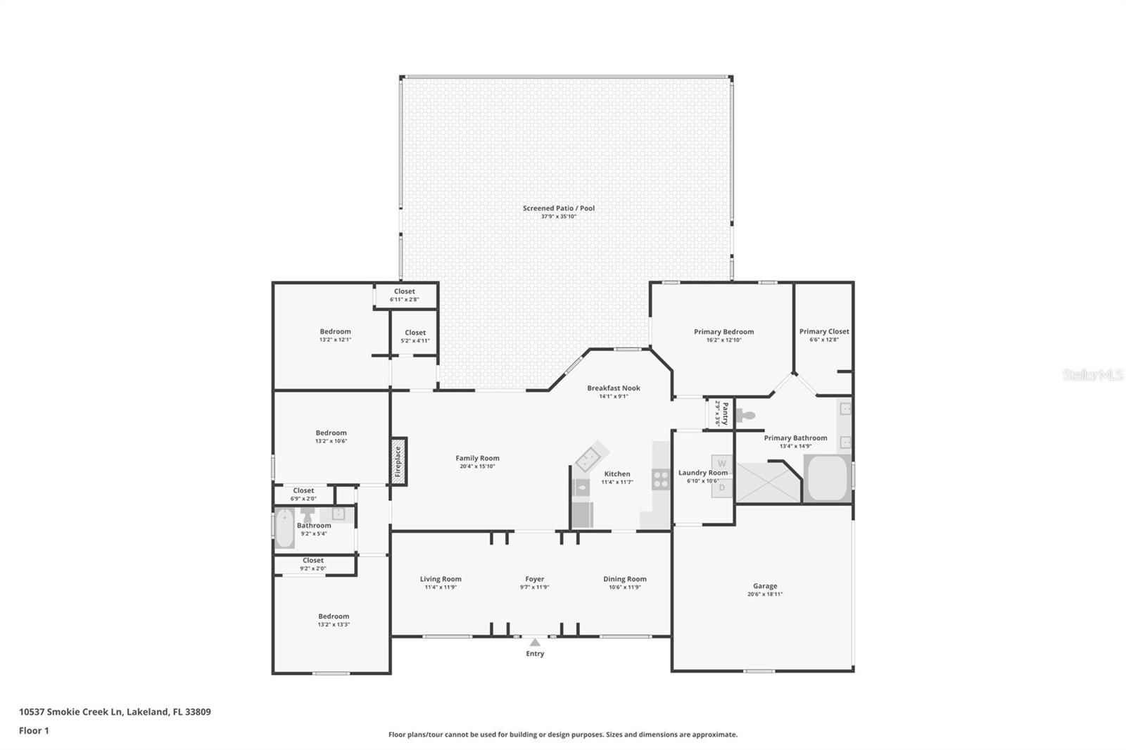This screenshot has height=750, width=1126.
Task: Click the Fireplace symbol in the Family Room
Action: coord(398,462)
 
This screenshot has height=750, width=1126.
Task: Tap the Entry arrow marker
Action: coord(535,642)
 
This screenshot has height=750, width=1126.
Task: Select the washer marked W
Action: coord(721,464)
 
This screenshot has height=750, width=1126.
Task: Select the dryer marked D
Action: coord(721,487)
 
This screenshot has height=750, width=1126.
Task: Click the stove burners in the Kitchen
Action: coord(661,480)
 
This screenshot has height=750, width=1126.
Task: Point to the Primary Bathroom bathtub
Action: coord(828,478)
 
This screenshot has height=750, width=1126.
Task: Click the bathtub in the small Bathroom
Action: coord(284,528)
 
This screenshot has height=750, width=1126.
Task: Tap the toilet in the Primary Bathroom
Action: coord(746,416)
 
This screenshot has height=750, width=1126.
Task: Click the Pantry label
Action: coord(725,413)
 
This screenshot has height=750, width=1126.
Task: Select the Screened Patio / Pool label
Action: coord(559,208)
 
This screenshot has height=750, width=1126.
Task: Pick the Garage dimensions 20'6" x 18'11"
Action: coord(765,595)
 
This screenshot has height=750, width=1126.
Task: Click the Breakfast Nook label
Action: coord(614,388)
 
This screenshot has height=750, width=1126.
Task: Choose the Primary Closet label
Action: coord(824,331)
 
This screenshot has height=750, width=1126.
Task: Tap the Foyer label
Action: coord(534,579)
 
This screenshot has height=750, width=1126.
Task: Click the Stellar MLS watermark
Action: coord(1093,376)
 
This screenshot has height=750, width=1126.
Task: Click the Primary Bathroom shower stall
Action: coord(767,483)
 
